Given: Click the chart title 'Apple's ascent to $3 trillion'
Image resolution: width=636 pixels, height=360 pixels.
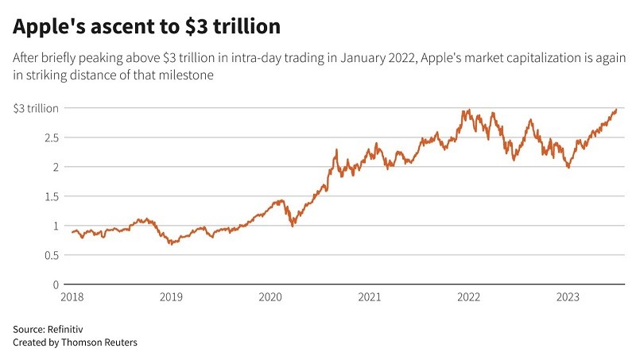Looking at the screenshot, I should coord(146,26).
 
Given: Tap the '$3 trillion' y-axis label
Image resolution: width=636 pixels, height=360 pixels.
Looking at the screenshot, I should coord(36,108).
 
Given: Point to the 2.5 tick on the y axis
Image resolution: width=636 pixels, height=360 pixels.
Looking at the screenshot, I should coord(51,137).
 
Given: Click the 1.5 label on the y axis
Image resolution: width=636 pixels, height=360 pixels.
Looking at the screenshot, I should coord(51,196).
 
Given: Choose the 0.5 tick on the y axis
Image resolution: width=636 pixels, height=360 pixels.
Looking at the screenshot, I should coord(51,255).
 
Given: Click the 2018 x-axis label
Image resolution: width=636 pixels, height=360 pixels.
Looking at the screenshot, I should coord(72,297).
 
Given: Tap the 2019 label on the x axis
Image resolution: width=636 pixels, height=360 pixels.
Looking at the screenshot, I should coord(171,297).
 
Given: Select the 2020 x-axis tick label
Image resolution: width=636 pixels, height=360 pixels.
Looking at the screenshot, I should coord(270,297).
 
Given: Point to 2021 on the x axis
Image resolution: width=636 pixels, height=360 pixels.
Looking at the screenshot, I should coord(369,297).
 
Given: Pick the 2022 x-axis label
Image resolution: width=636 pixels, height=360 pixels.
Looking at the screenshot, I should coord(468,297).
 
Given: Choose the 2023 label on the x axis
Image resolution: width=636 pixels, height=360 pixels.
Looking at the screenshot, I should coord(567,297).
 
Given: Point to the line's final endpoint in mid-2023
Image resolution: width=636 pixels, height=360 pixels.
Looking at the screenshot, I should coord(616,110).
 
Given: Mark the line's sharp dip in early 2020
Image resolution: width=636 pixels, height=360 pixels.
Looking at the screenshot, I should coord(293,226).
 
